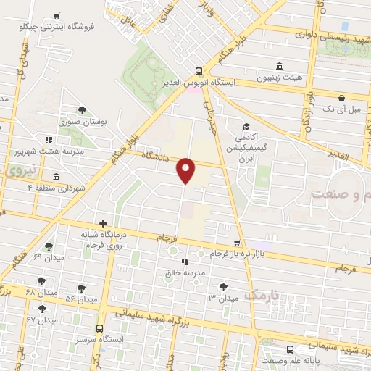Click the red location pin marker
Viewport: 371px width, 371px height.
pos(186,170)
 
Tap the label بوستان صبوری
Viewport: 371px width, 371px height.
pos(83,122)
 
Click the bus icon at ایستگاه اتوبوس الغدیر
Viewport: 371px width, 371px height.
pos(199,71)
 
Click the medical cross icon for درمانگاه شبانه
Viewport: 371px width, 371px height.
pos(104,223)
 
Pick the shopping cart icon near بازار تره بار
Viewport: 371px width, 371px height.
pos(236,243)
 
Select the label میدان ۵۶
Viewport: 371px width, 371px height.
pos(81,299)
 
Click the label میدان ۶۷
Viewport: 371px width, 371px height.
pos(41,320)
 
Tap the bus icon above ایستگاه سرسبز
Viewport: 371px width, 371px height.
pos(99,328)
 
